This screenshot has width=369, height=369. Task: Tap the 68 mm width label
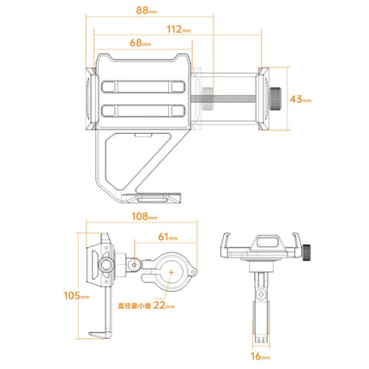pyautogui.click(x=138, y=43)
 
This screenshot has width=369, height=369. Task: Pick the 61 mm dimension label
pyautogui.click(x=167, y=238)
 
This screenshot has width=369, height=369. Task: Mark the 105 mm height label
pyautogui.click(x=75, y=296)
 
